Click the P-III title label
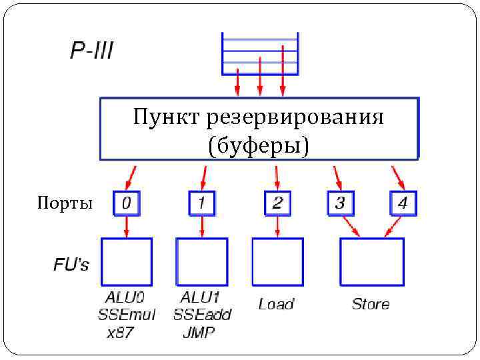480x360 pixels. coord(92,51)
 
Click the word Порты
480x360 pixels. coord(65,203)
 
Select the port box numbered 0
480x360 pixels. coord(127,203)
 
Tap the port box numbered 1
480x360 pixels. coord(202,203)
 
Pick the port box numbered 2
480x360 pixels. coord(277,203)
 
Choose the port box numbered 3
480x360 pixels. coord(340,203)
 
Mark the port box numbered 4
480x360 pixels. coord(402,203)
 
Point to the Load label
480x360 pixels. coord(276,305)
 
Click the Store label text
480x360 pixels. coord(371,305)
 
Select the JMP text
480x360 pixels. coord(199,332)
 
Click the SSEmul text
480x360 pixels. coord(126,314)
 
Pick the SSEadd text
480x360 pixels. coord(202,314)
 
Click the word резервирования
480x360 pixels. coord(295,118)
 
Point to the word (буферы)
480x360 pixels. coord(259,145)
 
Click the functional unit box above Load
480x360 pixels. coord(277,261)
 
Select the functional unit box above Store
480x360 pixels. coord(371,261)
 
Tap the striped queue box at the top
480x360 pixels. coord(260,53)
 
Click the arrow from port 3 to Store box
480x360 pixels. coord(350,226)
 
